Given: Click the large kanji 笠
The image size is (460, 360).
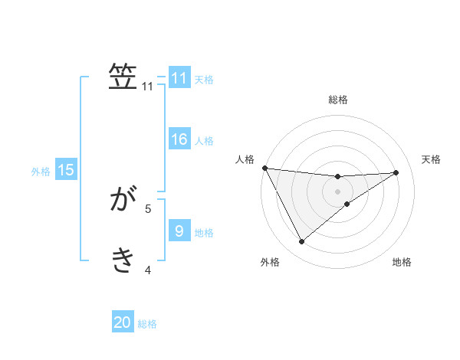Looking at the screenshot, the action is (123, 77).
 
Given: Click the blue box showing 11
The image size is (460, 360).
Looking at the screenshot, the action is (179, 78).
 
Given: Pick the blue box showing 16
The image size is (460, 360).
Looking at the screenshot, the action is (179, 139).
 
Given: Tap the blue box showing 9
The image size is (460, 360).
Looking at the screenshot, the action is (179, 231).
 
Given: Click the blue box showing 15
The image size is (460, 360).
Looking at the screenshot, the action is (66, 170).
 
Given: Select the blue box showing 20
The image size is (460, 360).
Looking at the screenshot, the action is (123, 322).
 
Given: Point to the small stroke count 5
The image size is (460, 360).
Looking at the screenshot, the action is (148, 208).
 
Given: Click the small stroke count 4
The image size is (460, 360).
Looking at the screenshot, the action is (148, 269).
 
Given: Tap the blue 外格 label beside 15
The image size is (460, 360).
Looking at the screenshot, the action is (41, 172).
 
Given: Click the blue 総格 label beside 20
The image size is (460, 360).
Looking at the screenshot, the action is (147, 324).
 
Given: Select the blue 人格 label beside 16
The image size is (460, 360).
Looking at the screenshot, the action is (204, 141).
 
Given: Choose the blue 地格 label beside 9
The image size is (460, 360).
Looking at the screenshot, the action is (204, 232).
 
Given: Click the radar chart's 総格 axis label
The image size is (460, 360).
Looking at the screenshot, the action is (338, 100).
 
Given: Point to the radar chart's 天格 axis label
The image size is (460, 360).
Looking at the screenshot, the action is (432, 159).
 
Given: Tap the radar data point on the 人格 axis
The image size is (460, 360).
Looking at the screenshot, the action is (264, 168).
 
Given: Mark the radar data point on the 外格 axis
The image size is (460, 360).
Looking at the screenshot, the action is (301, 242).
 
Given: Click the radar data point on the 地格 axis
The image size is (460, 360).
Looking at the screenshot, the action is (347, 204).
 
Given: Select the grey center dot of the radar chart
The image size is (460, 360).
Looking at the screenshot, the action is (338, 191).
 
